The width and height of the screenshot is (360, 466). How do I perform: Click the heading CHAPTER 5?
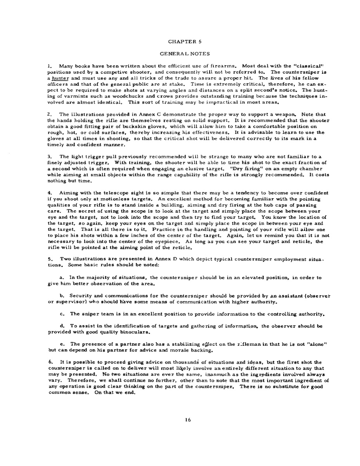(180, 41)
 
